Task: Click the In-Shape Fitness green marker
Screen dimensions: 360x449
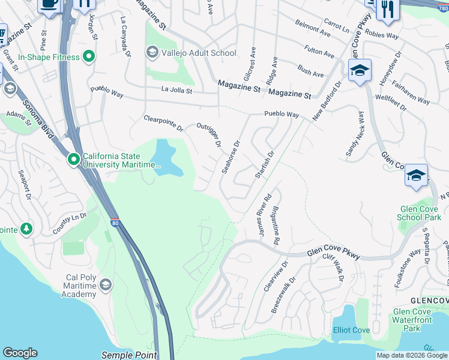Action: coord(89,57)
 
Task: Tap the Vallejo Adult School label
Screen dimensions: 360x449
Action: coord(199,53)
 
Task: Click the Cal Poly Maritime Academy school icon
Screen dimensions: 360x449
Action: coord(106,284)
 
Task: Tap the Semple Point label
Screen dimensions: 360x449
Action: coord(129,355)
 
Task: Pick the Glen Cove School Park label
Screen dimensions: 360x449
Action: coord(420,213)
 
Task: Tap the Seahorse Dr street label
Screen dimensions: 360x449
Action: coord(231,157)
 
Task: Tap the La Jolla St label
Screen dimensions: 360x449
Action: coord(176,91)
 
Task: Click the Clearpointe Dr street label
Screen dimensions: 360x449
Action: coord(163,123)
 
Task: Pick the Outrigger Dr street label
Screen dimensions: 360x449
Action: coord(209,135)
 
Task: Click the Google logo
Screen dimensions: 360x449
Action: coord(20,353)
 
